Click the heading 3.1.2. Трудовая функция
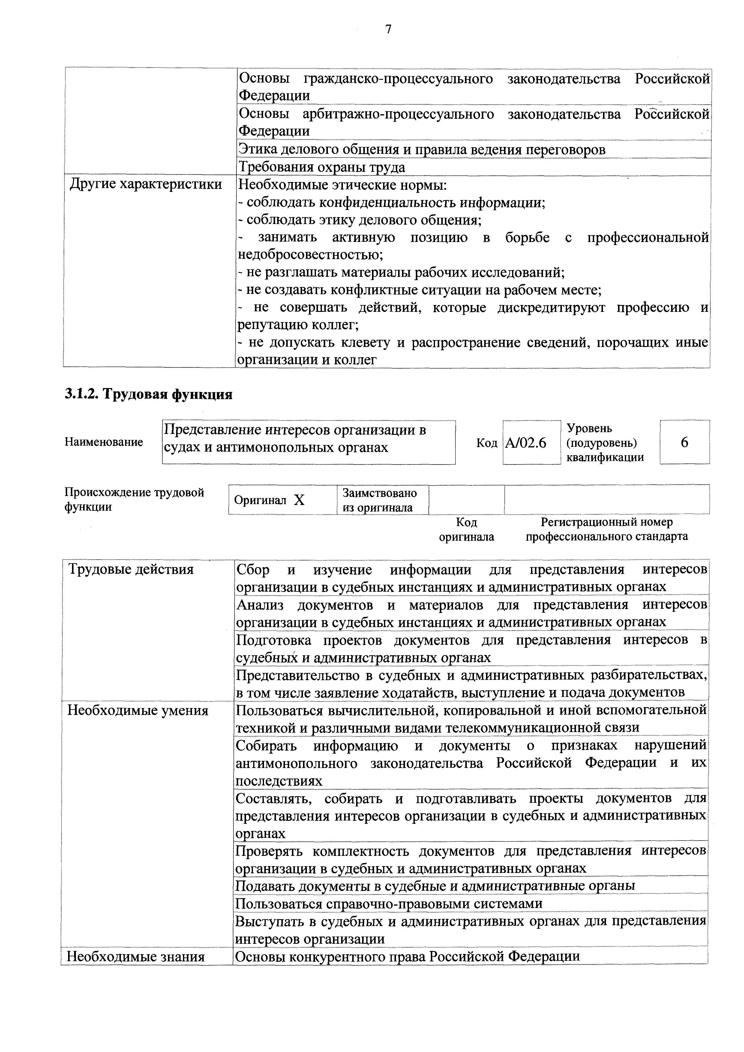tap(148, 395)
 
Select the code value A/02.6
tap(526, 443)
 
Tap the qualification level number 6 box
tap(684, 443)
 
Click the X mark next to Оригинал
tap(299, 500)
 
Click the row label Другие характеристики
tap(145, 185)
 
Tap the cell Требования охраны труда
tap(322, 167)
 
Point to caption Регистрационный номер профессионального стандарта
tap(607, 530)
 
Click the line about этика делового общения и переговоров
tap(422, 150)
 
